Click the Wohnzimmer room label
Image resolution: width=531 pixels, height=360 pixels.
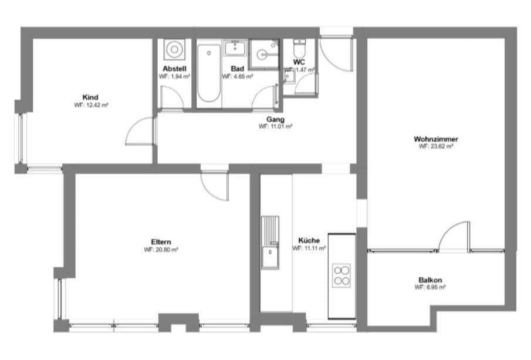tap(435, 139)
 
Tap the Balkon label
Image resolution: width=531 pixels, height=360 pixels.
tap(430, 280)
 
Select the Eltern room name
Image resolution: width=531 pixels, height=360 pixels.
tap(161, 241)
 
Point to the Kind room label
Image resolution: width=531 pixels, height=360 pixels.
tap(90, 97)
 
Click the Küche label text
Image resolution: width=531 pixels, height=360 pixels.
tap(309, 241)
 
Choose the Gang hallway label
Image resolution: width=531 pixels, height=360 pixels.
tap(275, 119)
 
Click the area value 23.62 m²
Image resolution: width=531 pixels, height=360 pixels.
tap(435, 147)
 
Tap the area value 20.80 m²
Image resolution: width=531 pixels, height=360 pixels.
tap(161, 249)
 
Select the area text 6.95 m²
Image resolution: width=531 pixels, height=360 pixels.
tap(430, 288)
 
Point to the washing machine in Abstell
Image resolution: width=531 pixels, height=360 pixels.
tap(174, 51)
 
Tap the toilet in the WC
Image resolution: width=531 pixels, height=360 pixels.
tap(300, 48)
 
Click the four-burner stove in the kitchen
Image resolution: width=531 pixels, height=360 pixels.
tap(341, 275)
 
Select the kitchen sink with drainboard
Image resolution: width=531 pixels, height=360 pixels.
tap(270, 241)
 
